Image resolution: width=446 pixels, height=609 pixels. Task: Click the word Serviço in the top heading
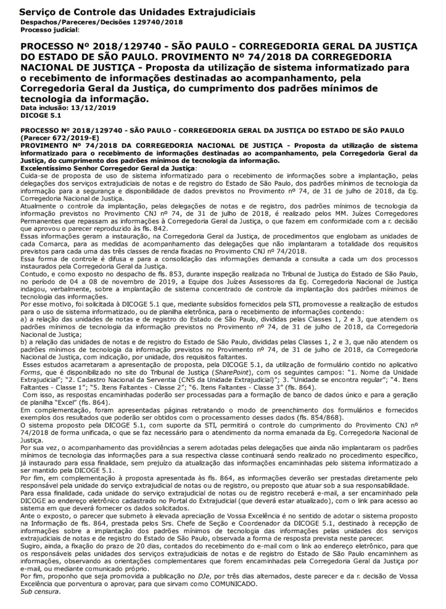click(38, 12)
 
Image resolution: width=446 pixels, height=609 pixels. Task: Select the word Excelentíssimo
click(50, 168)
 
